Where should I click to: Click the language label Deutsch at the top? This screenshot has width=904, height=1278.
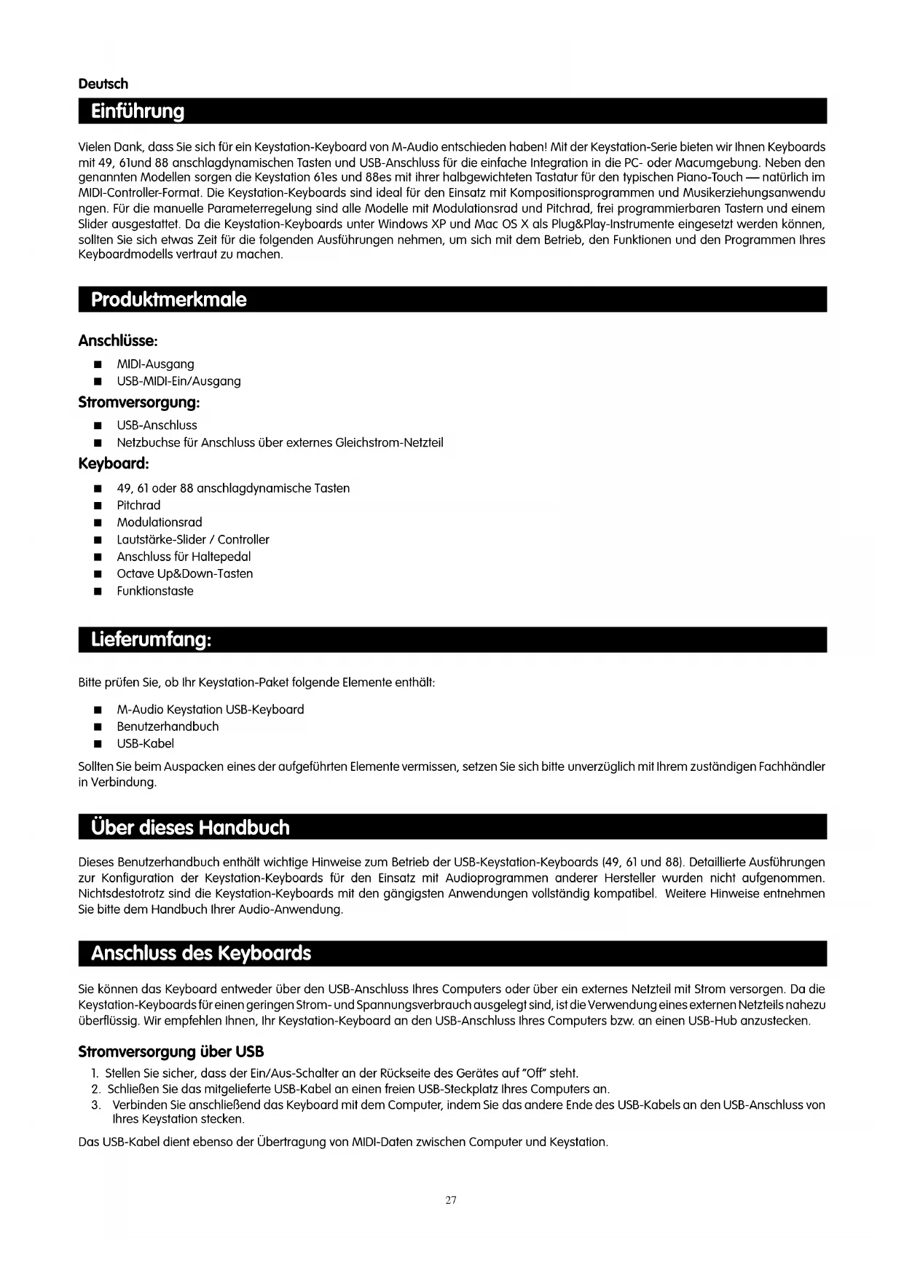tap(103, 84)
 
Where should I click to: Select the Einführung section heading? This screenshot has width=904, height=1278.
tap(138, 111)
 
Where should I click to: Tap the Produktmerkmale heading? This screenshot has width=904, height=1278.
tap(168, 299)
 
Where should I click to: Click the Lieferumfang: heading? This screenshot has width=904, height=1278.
tap(151, 640)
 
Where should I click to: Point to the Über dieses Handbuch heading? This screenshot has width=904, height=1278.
tap(190, 827)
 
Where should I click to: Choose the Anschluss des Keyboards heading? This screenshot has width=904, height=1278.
tap(200, 953)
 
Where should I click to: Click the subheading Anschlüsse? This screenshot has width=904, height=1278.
tap(118, 341)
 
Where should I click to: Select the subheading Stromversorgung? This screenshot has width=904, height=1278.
tap(138, 402)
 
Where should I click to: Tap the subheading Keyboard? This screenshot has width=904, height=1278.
tap(114, 464)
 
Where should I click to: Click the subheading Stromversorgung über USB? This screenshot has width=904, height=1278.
tap(170, 1052)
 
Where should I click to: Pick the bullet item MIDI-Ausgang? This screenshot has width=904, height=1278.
tap(155, 364)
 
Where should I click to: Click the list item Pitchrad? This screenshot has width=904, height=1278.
tap(138, 506)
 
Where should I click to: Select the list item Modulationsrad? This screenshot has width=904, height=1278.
tap(160, 522)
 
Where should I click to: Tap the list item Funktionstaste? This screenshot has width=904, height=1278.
tap(155, 591)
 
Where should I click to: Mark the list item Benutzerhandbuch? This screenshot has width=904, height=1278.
tap(168, 726)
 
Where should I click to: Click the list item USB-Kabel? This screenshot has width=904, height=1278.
tap(145, 744)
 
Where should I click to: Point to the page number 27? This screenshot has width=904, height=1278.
tap(451, 1200)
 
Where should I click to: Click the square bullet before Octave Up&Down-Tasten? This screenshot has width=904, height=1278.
tap(97, 574)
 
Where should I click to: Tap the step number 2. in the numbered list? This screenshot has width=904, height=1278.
tap(96, 1089)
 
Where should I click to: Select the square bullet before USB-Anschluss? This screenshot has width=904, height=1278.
tap(97, 426)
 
